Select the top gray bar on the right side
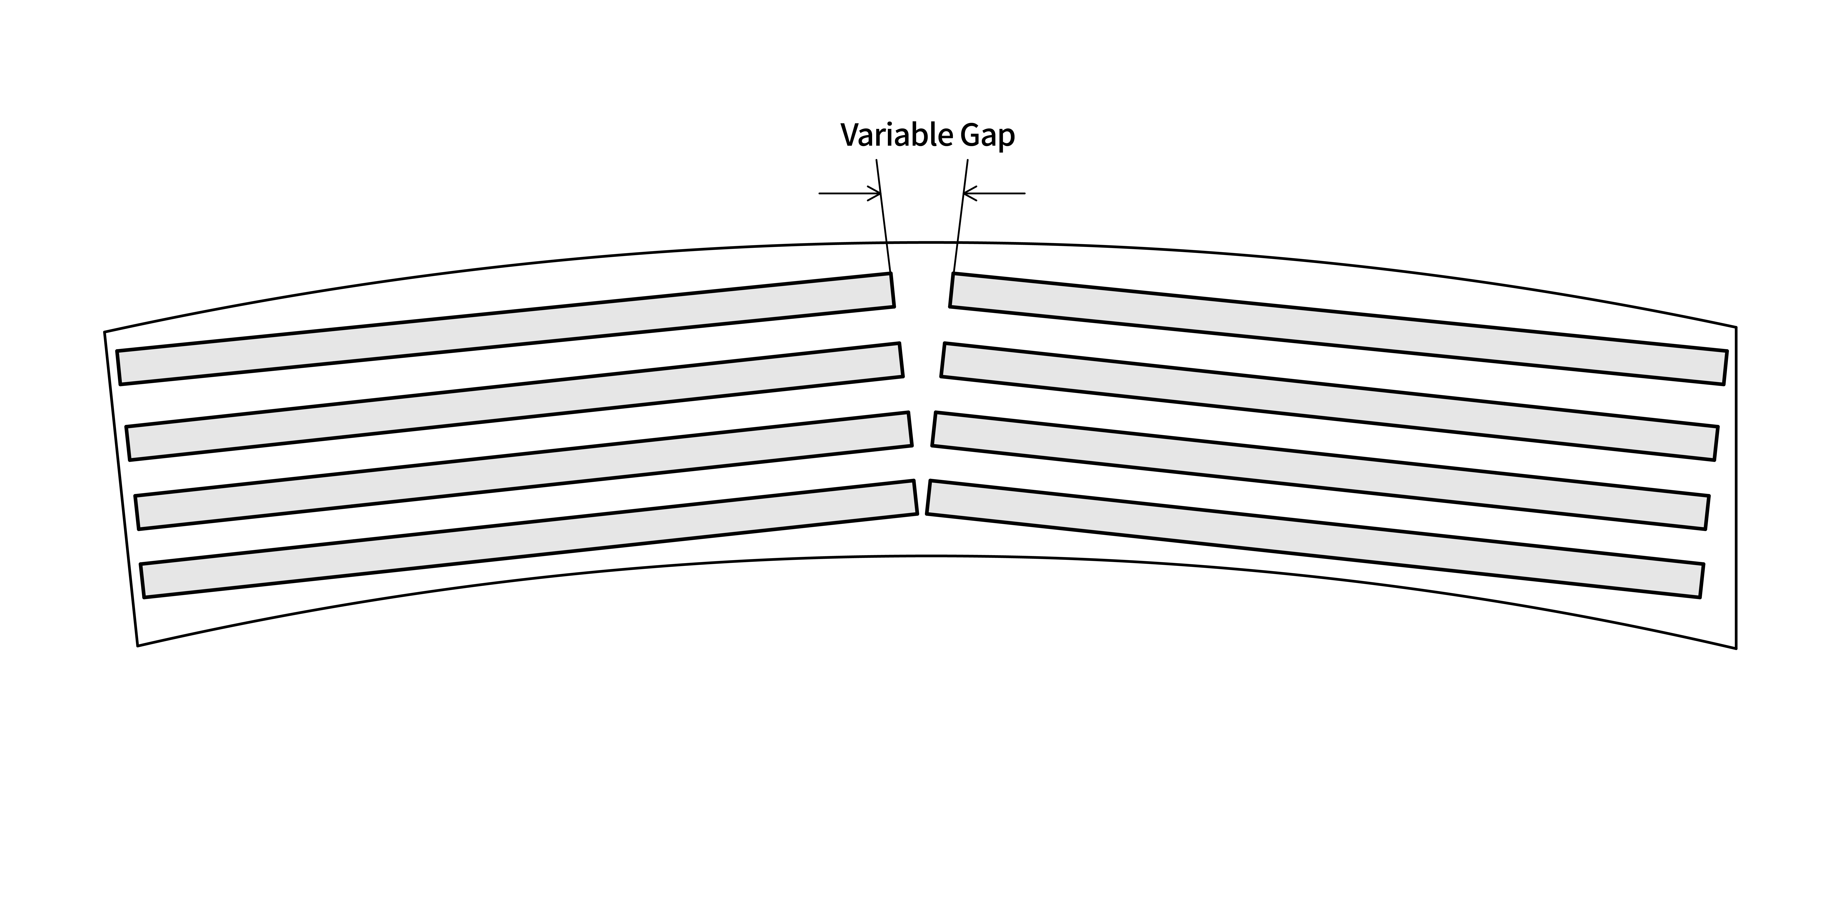tap(1339, 329)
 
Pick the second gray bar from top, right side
tap(1329, 402)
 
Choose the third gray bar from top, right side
tap(1321, 470)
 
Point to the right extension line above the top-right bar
tap(961, 216)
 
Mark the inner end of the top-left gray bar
tap(893, 290)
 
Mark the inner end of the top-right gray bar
tap(952, 290)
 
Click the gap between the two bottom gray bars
tap(922, 497)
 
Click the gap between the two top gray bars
tap(922, 290)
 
